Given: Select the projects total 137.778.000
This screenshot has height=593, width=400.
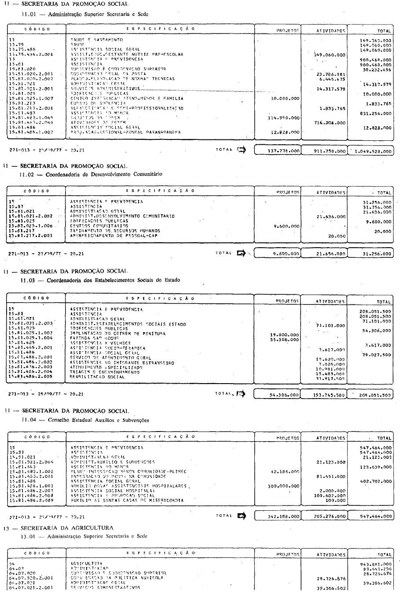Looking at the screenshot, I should (283, 151).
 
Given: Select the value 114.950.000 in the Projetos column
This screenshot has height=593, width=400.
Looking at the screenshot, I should (284, 117).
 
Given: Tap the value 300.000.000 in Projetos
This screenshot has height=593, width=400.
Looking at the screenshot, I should (284, 486).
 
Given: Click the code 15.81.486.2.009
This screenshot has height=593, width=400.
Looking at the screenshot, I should (31, 501).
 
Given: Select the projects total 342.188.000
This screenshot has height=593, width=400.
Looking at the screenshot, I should (284, 516).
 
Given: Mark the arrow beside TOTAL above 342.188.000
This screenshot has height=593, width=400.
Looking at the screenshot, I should (241, 516).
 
